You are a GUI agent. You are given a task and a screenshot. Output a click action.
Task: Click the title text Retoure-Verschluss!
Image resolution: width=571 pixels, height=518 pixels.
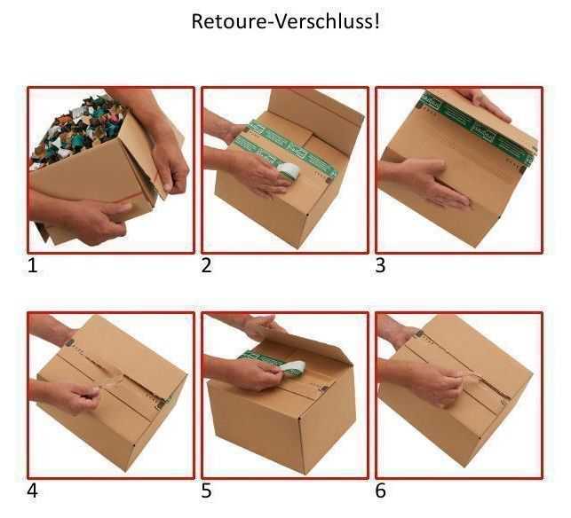pyautogui.click(x=285, y=21)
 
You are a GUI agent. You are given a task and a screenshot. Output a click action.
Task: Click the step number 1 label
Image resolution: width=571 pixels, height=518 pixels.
pyautogui.click(x=33, y=265)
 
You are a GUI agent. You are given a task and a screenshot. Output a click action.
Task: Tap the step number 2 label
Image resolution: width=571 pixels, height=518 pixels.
pyautogui.click(x=207, y=265)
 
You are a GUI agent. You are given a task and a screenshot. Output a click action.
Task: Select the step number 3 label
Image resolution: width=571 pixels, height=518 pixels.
pyautogui.click(x=381, y=265)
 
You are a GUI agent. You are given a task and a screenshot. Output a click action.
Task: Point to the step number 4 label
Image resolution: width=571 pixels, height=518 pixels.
pyautogui.click(x=33, y=491)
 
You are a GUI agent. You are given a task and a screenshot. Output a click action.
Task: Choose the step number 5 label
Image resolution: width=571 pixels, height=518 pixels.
pyautogui.click(x=207, y=491)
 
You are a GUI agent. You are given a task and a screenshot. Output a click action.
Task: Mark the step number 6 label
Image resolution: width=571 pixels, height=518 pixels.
pyautogui.click(x=381, y=491)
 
